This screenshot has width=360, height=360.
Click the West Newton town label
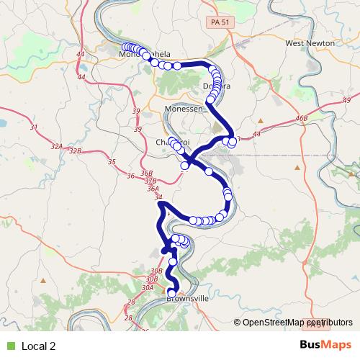[x=310, y=43]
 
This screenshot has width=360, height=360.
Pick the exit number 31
[x=33, y=127]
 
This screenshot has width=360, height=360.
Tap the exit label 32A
[x=57, y=146]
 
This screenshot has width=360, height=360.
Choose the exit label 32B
[x=76, y=151]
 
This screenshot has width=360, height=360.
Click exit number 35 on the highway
[x=111, y=162]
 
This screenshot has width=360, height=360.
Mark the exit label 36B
[x=147, y=174]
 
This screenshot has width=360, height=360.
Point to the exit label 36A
[x=152, y=189]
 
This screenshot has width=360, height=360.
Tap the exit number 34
[x=159, y=197]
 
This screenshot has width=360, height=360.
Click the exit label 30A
[x=148, y=287]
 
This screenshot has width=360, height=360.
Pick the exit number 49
[x=347, y=100]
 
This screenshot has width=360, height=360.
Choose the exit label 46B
[x=301, y=117]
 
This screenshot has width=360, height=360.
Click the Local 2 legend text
[x=39, y=346]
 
